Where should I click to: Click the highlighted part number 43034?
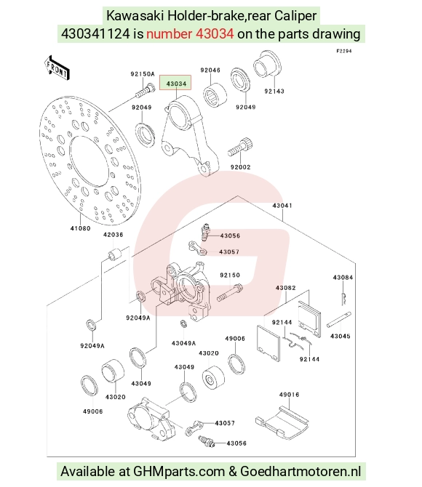[176, 84]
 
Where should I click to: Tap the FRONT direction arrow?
[57, 68]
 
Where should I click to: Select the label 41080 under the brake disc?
[80, 228]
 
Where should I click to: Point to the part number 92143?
[274, 91]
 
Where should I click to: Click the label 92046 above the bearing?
[210, 70]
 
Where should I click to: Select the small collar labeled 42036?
[114, 254]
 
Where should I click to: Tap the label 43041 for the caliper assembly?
[282, 205]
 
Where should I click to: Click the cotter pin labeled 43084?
[344, 298]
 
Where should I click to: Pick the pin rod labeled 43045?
[338, 320]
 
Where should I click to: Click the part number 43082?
[285, 288]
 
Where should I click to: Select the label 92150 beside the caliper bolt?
[230, 275]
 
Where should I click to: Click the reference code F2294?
[344, 51]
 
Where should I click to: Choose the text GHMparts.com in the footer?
[179, 472]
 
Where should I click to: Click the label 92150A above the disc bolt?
[143, 74]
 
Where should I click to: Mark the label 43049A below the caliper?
[183, 343]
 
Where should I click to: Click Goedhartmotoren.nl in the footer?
[300, 472]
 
